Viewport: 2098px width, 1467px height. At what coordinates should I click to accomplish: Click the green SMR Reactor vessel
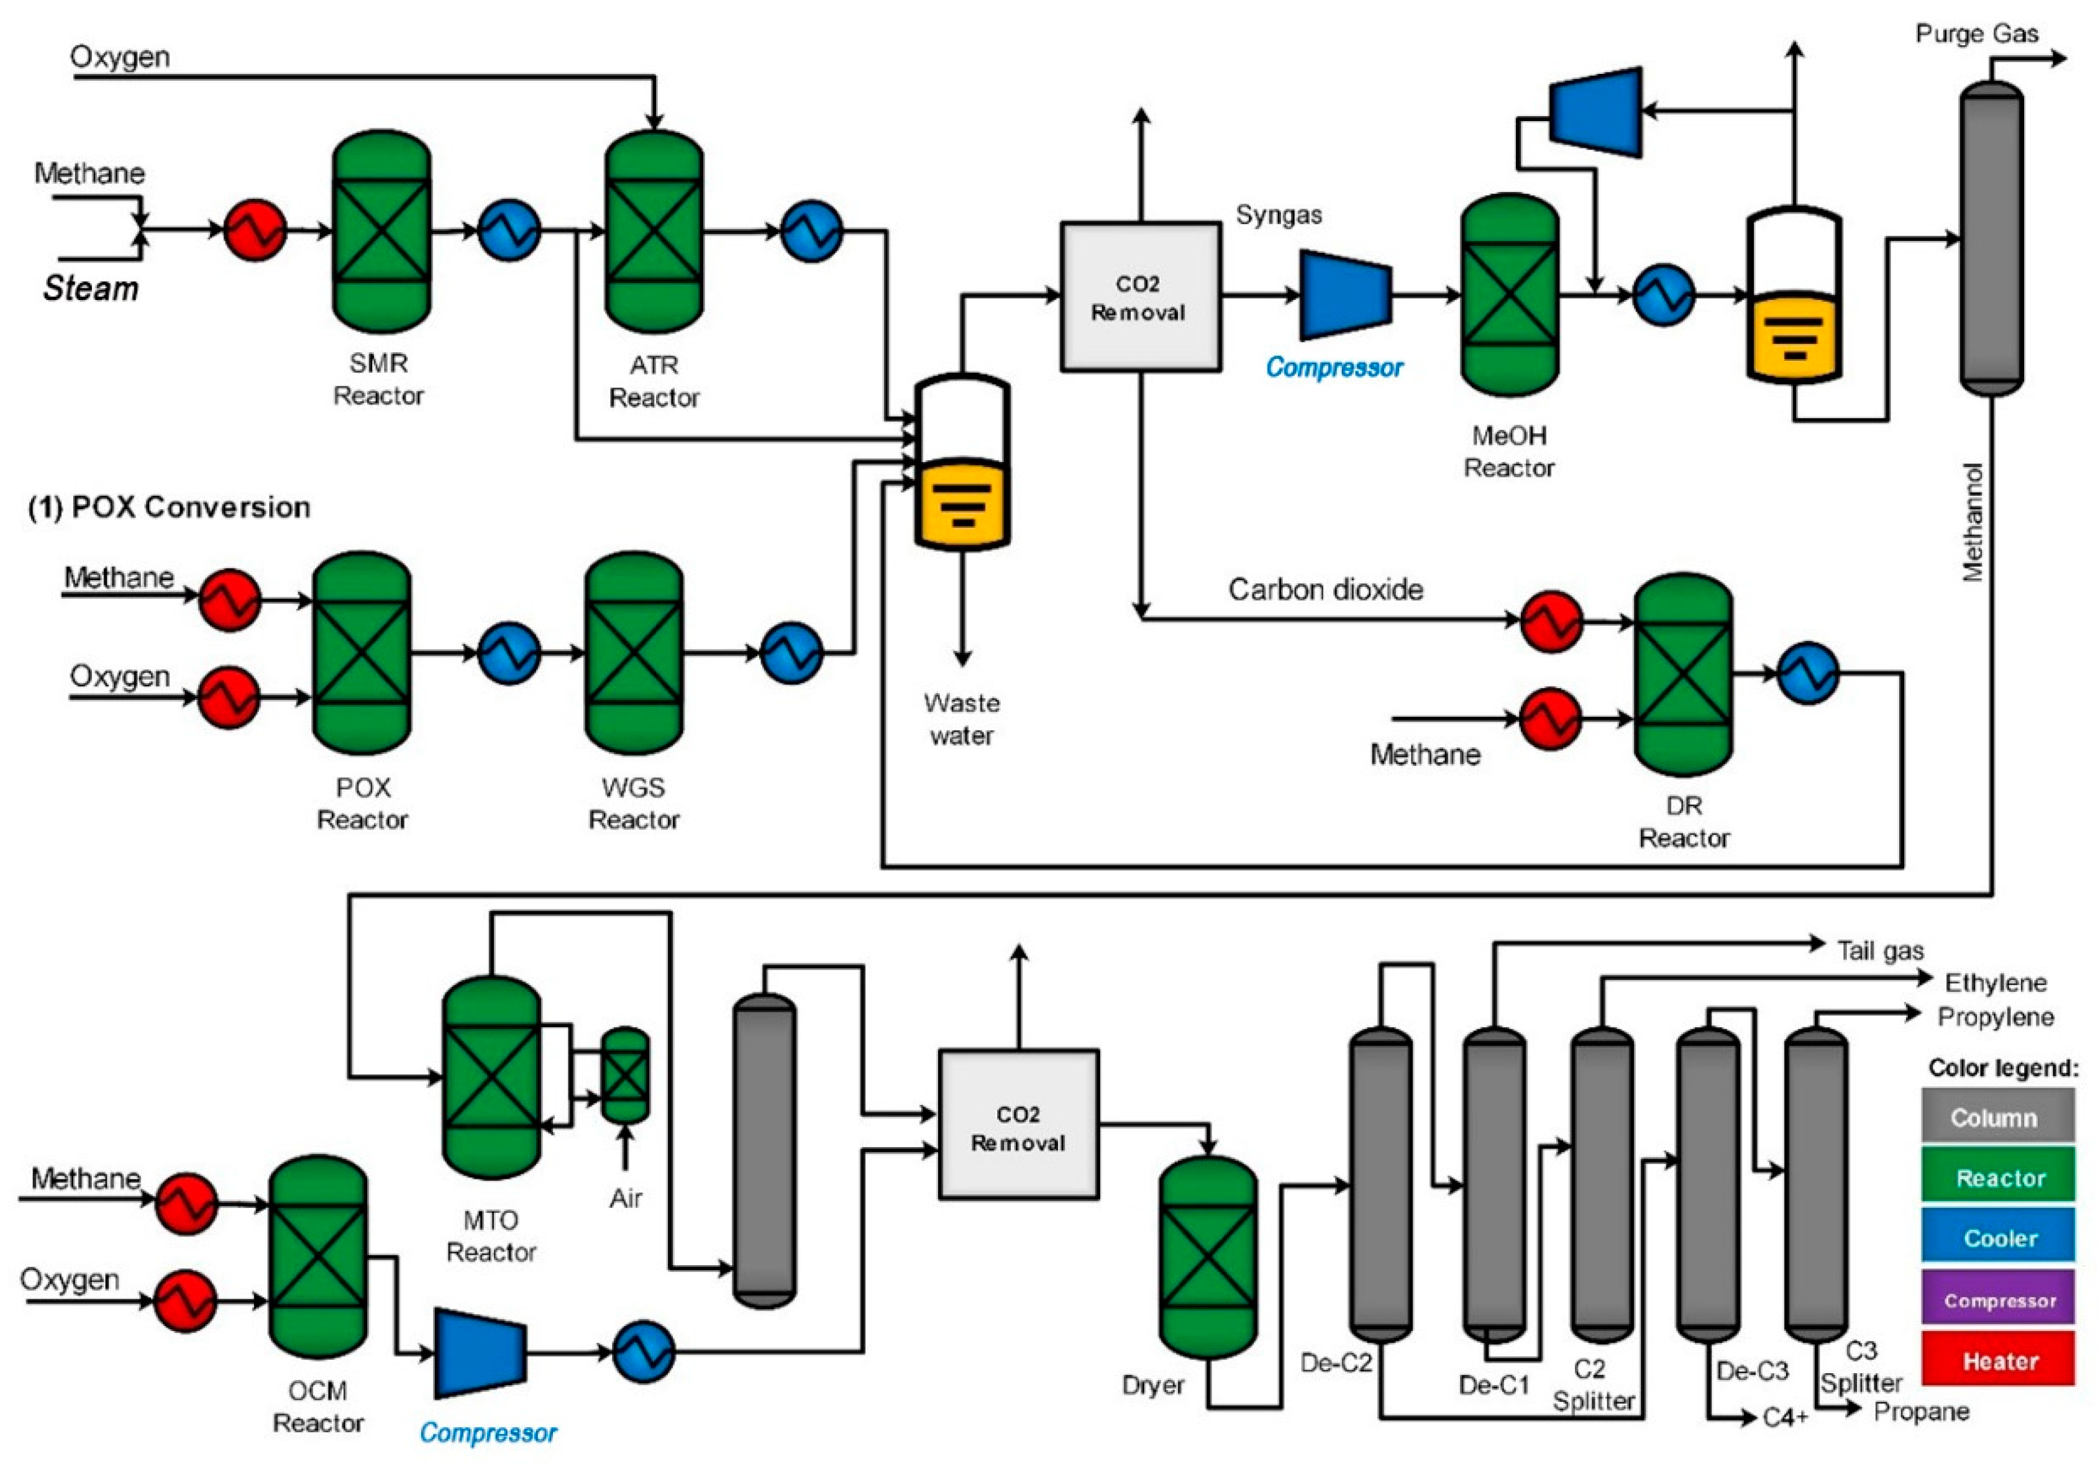pyautogui.click(x=381, y=231)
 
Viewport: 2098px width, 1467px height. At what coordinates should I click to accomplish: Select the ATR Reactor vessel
pyautogui.click(x=654, y=231)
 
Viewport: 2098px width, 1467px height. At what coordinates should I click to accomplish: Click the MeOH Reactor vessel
pyautogui.click(x=1510, y=294)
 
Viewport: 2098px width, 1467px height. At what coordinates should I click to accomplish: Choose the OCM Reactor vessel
pyautogui.click(x=318, y=1257)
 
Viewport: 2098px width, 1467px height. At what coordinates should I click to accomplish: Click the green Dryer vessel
pyautogui.click(x=1208, y=1258)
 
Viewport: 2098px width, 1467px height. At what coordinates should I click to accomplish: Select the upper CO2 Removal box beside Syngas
pyautogui.click(x=1141, y=297)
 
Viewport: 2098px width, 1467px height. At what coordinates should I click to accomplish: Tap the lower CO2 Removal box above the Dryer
pyautogui.click(x=1019, y=1124)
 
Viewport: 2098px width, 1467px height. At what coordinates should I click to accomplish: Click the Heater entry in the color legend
pyautogui.click(x=1999, y=1361)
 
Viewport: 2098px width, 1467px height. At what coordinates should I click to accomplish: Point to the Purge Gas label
pyautogui.click(x=1976, y=34)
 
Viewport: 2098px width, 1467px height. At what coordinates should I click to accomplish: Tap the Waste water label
pyautogui.click(x=961, y=719)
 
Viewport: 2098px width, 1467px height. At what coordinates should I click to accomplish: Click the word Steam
pyautogui.click(x=91, y=289)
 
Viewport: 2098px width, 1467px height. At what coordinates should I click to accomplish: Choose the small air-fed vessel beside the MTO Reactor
pyautogui.click(x=625, y=1075)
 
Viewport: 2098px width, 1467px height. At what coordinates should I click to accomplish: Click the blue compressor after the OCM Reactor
pyautogui.click(x=480, y=1353)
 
